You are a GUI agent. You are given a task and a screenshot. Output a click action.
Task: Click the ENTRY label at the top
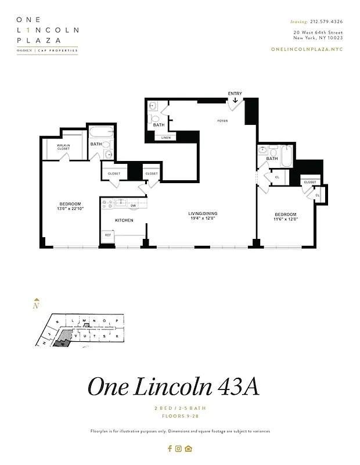click(235, 94)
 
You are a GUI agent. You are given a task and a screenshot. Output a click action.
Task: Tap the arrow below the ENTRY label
click(235, 101)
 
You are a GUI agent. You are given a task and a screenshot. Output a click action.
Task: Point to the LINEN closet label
click(165, 138)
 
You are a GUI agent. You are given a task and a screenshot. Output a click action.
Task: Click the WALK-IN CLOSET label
click(63, 147)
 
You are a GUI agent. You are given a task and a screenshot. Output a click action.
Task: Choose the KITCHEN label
click(124, 220)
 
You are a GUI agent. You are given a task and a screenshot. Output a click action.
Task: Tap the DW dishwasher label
click(133, 205)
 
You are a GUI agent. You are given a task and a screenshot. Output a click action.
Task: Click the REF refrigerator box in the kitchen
click(108, 236)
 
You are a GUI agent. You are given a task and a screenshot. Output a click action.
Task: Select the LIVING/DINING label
click(203, 214)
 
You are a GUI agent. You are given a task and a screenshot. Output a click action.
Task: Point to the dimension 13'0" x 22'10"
click(69, 209)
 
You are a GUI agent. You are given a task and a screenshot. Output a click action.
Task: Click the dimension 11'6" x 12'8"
click(286, 220)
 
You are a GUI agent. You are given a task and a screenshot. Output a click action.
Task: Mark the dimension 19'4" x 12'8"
click(203, 219)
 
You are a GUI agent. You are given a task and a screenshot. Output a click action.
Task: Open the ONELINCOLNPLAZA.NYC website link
click(307, 49)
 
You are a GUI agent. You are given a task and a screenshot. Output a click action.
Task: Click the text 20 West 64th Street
click(318, 32)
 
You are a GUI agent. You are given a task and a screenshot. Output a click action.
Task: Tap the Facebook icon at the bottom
click(170, 448)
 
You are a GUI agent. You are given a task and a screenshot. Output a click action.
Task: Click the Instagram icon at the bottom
click(179, 448)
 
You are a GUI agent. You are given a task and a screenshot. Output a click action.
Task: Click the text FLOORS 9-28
click(179, 416)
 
